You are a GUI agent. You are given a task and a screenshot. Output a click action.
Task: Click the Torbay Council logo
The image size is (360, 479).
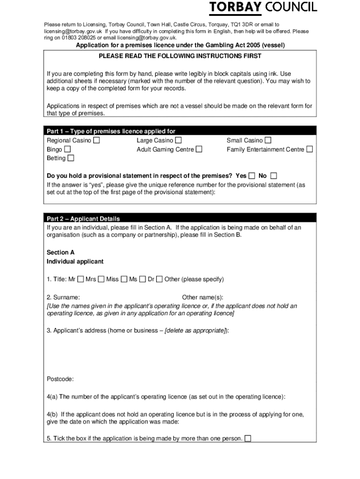(263, 7)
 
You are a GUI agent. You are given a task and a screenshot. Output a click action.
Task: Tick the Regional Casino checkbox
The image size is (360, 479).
(96, 140)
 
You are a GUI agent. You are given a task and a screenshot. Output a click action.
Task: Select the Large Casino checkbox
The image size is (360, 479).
(178, 140)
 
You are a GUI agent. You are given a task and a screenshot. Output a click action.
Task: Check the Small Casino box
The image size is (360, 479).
(268, 140)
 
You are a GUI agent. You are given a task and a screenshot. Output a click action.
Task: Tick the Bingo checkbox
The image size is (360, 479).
(67, 149)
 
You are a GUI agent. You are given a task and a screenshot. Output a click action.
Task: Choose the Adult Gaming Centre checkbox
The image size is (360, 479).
(199, 149)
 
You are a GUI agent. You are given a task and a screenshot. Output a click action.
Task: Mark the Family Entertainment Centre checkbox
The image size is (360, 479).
(310, 149)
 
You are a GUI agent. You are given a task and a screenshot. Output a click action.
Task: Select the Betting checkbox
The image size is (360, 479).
(71, 158)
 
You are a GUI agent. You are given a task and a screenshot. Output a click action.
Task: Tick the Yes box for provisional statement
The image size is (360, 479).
(252, 176)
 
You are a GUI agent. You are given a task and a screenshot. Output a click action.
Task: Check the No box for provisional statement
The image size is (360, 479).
(274, 176)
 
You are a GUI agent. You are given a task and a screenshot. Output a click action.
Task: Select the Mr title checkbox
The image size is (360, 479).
(80, 279)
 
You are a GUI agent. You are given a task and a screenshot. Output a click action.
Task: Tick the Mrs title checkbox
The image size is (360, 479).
(101, 279)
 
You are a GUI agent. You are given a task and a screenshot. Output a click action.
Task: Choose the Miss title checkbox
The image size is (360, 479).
(124, 279)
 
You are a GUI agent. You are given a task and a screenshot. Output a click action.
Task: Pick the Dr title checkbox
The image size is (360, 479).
(159, 279)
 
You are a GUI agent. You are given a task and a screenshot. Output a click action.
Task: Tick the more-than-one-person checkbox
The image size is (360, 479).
(248, 438)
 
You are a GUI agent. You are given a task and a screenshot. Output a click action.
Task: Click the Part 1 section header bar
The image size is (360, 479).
(180, 131)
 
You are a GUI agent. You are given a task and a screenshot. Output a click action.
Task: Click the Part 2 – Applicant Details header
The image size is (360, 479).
(83, 218)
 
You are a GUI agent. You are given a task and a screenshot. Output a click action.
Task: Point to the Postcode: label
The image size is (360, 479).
(60, 379)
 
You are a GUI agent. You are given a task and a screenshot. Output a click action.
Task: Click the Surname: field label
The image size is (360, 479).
(63, 298)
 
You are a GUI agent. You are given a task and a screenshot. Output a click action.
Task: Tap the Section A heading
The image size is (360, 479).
(61, 252)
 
